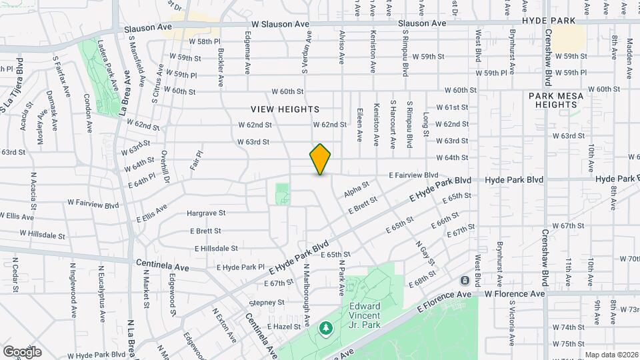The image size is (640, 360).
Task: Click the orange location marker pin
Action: pyautogui.click(x=321, y=159)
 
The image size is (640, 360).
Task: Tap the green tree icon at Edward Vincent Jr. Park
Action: pyautogui.click(x=326, y=328)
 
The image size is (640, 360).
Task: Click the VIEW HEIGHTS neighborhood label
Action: pyautogui.click(x=285, y=109)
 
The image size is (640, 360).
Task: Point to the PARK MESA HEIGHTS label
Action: pyautogui.click(x=556, y=100)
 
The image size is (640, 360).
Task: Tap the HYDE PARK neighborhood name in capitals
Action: pyautogui.click(x=549, y=21)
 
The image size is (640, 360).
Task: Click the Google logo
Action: pyautogui.click(x=22, y=351)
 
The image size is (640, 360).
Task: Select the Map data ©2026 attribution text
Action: pyautogui.click(x=611, y=355)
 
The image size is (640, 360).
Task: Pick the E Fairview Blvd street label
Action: pyautogui.click(x=413, y=175)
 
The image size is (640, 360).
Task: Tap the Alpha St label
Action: pyautogui.click(x=357, y=189)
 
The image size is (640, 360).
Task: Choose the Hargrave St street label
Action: pyautogui.click(x=207, y=213)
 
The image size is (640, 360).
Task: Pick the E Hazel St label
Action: pyautogui.click(x=285, y=327)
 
